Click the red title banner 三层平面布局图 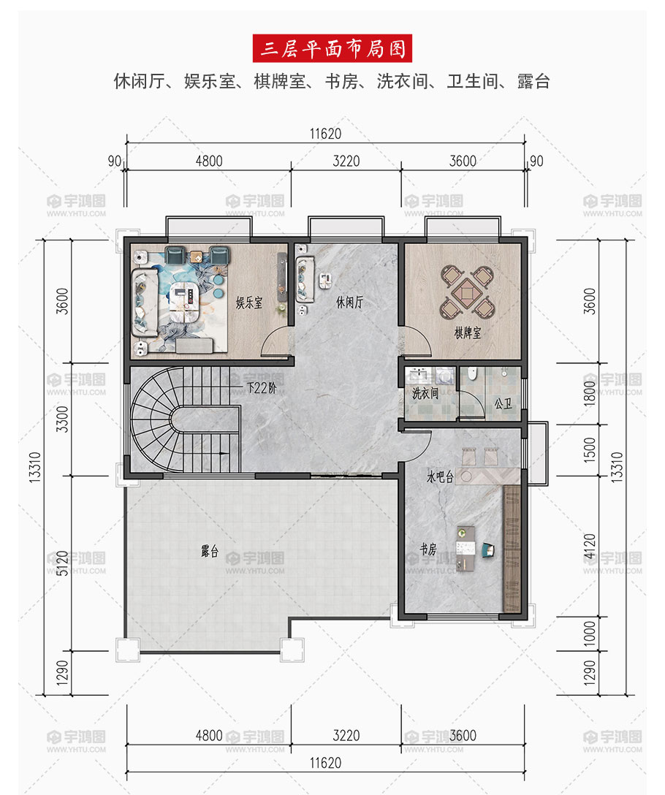click(x=332, y=48)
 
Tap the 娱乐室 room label click(x=249, y=303)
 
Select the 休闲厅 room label click(x=349, y=303)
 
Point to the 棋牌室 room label click(x=467, y=332)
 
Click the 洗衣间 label click(x=425, y=393)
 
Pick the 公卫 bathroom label click(x=503, y=403)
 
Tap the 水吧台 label click(x=440, y=476)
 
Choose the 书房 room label click(x=428, y=549)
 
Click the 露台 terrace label click(x=210, y=551)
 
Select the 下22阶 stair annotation click(x=262, y=388)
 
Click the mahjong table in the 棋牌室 click(x=467, y=292)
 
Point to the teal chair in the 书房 click(x=488, y=549)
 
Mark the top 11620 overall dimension click(x=326, y=134)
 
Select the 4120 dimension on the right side click(x=590, y=546)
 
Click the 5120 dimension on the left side click(x=62, y=563)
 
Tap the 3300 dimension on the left click(x=62, y=419)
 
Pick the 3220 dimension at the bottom click(x=346, y=735)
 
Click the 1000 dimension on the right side click(x=590, y=634)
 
